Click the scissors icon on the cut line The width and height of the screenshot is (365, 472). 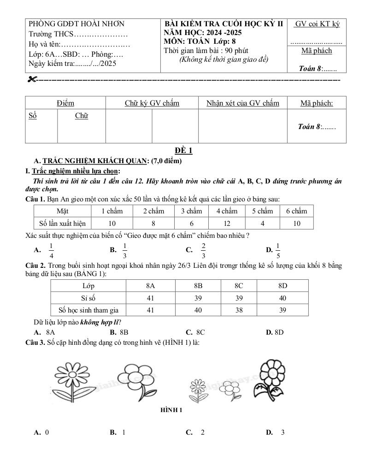coord(31,80)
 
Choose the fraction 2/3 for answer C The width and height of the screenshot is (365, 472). coord(203,250)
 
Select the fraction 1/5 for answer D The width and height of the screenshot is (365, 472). coord(278,250)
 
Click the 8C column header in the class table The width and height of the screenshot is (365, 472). coord(239,286)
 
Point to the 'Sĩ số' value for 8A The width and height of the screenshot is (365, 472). coord(150,298)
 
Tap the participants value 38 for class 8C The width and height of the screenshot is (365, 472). coord(239,310)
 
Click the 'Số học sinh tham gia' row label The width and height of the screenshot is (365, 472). coord(88,310)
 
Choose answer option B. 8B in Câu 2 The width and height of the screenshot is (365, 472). coord(119,332)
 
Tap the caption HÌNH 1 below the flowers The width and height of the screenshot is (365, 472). coord(171,410)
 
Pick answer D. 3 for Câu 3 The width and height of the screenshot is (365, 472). coord(275,432)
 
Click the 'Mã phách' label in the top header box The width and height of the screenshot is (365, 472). coord(316,51)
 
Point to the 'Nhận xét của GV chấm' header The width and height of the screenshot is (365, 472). coord(242,103)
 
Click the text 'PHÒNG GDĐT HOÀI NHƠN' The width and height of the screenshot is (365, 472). coord(77,24)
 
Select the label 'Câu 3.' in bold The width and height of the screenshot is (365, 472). coord(35,342)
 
